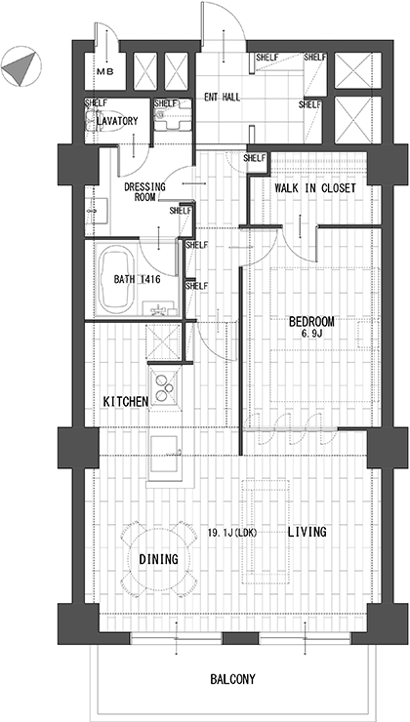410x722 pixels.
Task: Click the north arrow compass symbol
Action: pos(20,65)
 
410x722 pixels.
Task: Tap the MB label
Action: pos(105,71)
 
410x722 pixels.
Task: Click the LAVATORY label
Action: pos(117,121)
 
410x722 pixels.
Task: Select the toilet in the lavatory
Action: pos(102,121)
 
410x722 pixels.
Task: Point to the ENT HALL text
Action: pos(222,98)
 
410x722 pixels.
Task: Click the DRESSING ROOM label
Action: pos(144,192)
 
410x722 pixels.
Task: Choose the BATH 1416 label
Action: pos(137,279)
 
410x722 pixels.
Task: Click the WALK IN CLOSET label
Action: pos(315,188)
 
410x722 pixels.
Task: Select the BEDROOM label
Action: pos(311,321)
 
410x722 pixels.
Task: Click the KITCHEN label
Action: pos(125,402)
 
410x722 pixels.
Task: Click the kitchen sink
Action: pos(164,453)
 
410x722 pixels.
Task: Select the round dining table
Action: pos(158,559)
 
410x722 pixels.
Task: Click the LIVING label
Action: pos(307,532)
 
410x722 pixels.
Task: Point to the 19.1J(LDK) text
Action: pos(231,533)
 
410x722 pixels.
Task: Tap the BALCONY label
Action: pos(232,679)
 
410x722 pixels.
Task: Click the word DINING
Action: pos(158,559)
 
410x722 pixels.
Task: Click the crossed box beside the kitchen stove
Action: pos(163,341)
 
